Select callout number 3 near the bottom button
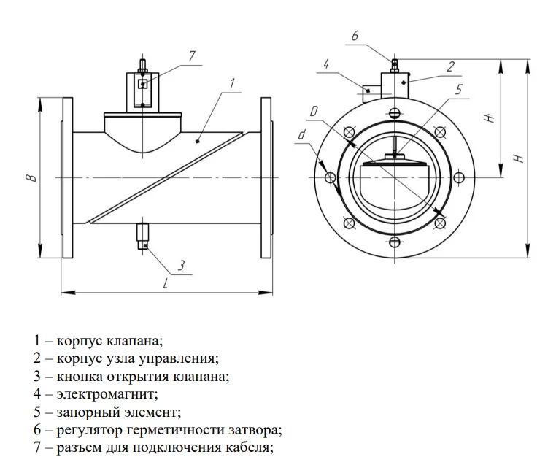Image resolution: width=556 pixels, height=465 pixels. point(182,264)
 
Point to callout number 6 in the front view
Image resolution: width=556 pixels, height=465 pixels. point(355,36)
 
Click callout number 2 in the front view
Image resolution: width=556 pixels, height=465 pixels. point(450,66)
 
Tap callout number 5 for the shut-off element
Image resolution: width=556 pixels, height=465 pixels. point(458,89)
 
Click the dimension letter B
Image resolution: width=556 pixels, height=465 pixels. point(28,177)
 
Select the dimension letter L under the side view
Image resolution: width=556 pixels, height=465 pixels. point(166,285)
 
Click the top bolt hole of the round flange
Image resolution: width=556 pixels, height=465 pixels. point(395,112)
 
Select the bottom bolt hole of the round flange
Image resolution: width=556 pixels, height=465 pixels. point(395,242)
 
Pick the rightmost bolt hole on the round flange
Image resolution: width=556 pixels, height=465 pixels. point(460,177)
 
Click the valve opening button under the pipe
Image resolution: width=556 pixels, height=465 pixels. point(143,238)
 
